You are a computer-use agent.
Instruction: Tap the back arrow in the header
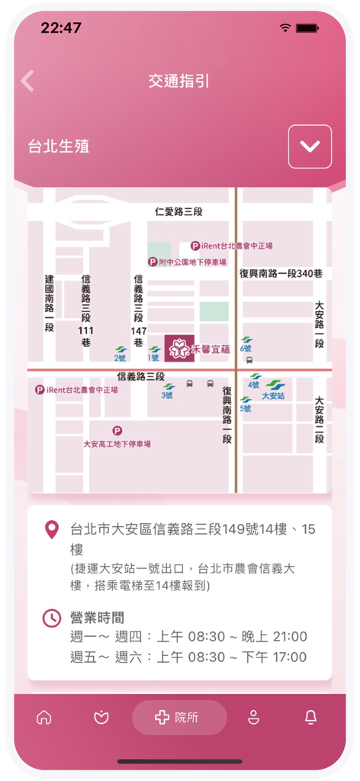pyautogui.click(x=28, y=81)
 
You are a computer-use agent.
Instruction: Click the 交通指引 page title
pyautogui.click(x=180, y=82)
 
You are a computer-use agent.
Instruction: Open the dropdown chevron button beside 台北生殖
pyautogui.click(x=310, y=146)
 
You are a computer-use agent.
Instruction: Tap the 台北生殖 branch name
pyautogui.click(x=59, y=146)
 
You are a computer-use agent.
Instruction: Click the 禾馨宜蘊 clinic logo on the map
pyautogui.click(x=178, y=348)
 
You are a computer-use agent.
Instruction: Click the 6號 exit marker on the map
pyautogui.click(x=246, y=344)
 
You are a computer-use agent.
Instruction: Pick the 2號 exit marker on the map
pyautogui.click(x=121, y=353)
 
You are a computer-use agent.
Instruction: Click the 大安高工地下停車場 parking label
pyautogui.click(x=117, y=443)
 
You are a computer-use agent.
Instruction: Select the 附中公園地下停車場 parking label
pyautogui.click(x=187, y=262)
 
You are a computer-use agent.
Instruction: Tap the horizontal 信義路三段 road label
pyautogui.click(x=141, y=377)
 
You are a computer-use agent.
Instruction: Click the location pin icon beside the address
pyautogui.click(x=52, y=529)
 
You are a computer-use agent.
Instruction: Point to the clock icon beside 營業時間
pyautogui.click(x=52, y=618)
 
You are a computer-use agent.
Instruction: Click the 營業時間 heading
pyautogui.click(x=97, y=618)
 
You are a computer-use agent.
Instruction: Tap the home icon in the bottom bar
pyautogui.click(x=44, y=718)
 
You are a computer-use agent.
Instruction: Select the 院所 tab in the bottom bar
pyautogui.click(x=179, y=718)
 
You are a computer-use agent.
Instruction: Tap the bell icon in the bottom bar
pyautogui.click(x=311, y=718)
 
